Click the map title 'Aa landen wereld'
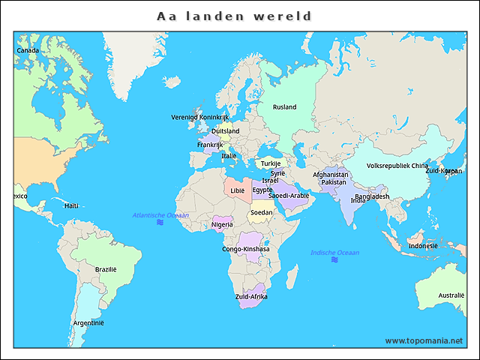(234, 16)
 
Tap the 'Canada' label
(28, 50)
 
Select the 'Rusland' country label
(285, 106)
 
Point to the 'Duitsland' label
(226, 130)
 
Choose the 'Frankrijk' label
(210, 145)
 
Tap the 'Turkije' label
(270, 163)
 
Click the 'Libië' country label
(237, 190)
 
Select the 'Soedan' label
(262, 212)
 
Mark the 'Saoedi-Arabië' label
(289, 196)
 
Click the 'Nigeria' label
(222, 224)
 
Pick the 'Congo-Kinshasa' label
(246, 249)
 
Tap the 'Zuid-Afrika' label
(250, 297)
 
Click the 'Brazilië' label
(106, 269)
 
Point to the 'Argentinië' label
(88, 322)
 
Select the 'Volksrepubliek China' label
(397, 166)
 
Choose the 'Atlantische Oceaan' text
(160, 215)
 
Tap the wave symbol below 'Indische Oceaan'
(334, 260)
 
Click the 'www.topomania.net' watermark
(424, 340)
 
